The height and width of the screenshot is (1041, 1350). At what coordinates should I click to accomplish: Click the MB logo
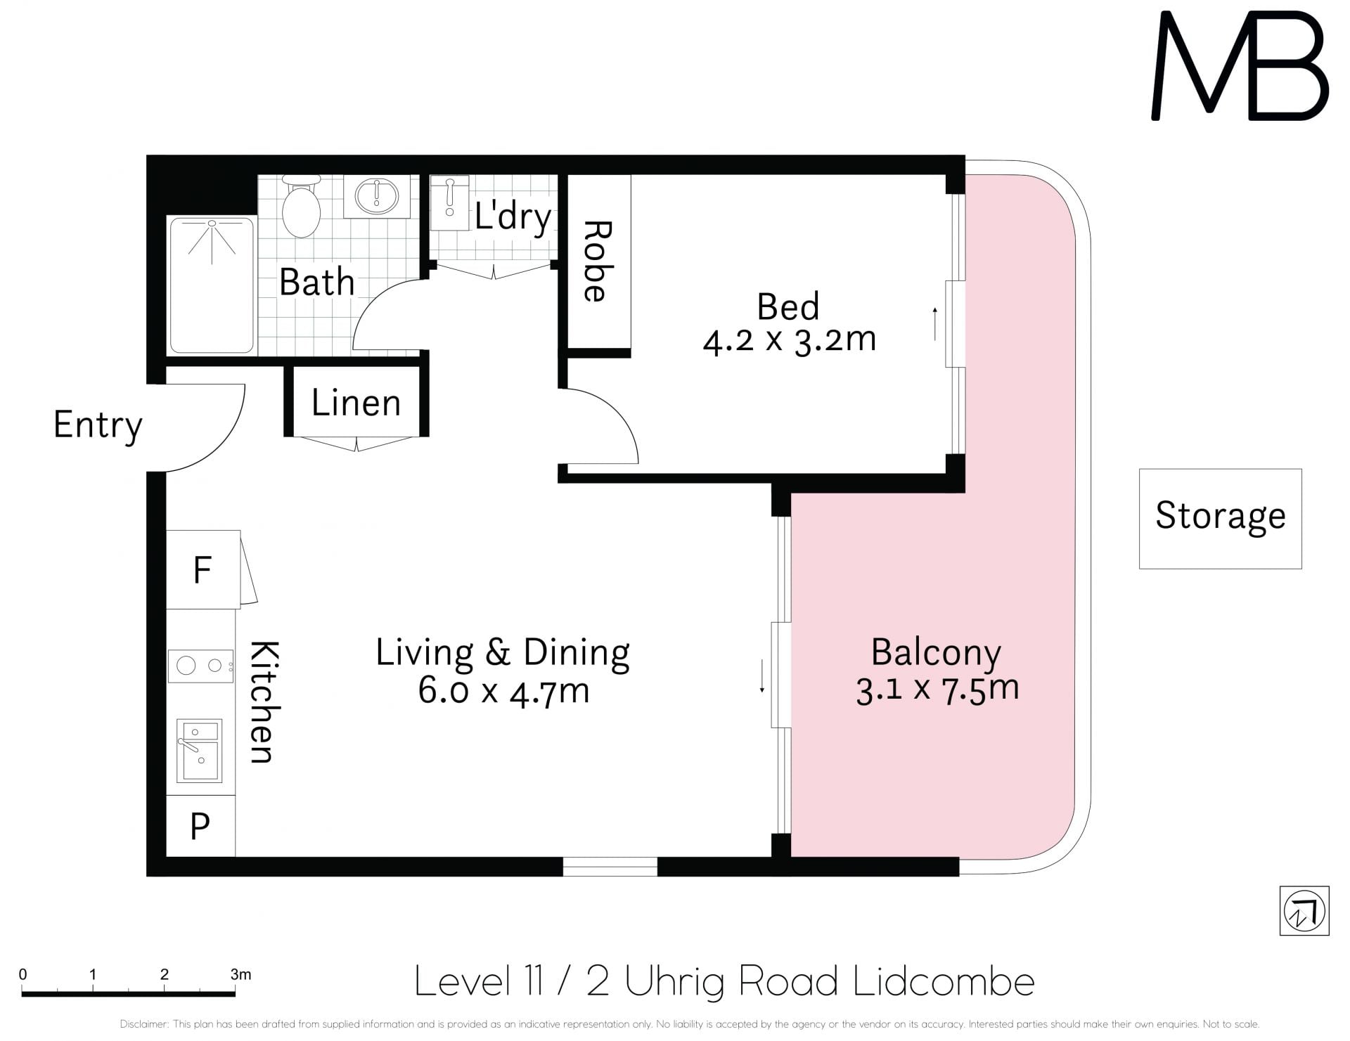pos(1240,65)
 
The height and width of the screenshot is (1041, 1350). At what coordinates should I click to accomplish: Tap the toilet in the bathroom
pos(301,206)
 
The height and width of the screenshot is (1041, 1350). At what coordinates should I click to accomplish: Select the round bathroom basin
pos(377,197)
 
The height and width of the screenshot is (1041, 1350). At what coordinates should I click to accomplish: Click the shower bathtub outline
pos(212,285)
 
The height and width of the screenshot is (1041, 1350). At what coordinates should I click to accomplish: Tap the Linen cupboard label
pos(356,403)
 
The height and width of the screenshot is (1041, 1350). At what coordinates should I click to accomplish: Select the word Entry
pos(98,425)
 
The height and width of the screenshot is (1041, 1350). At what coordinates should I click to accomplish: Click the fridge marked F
pos(203,569)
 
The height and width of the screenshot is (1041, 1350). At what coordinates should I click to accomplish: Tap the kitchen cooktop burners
pos(200,666)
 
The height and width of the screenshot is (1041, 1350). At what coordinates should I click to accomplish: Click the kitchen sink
pos(199,751)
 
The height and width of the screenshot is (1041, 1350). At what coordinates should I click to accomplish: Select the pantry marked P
pos(200,826)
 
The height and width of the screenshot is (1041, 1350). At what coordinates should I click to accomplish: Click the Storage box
pos(1221,519)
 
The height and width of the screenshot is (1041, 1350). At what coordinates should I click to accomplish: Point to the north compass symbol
pos(1304,911)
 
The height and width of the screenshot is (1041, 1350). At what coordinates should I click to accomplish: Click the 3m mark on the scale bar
pos(240,975)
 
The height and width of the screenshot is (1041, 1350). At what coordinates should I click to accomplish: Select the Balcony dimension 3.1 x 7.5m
pos(937,690)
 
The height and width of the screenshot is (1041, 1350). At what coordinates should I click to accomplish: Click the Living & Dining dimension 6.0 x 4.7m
pos(503,691)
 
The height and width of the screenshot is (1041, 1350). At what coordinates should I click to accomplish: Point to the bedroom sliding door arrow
pos(935,324)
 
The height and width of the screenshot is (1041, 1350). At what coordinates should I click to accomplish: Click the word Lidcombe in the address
pos(944,981)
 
